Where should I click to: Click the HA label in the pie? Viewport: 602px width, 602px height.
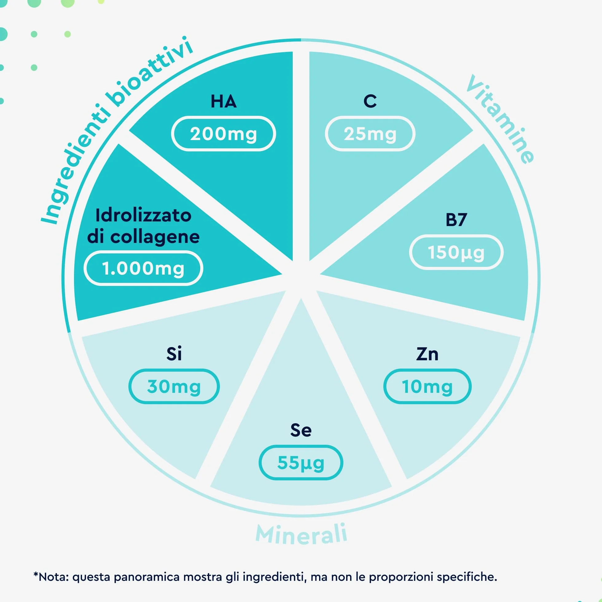tap(223, 101)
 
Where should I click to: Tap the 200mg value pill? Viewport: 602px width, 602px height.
tap(223, 134)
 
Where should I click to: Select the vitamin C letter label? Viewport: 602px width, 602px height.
tap(370, 101)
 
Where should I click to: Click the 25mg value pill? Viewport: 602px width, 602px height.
tap(370, 134)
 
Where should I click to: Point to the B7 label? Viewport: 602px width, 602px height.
tap(456, 220)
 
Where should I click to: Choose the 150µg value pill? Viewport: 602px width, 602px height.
tap(456, 252)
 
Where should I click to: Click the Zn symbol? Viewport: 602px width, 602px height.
tap(427, 354)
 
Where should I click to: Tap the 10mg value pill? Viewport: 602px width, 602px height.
tap(427, 386)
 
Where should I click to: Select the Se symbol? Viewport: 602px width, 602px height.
tap(301, 430)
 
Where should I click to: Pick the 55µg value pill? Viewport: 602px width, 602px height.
tap(301, 463)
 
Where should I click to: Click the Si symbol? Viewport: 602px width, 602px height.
tap(174, 354)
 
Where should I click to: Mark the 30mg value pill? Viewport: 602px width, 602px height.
tap(174, 386)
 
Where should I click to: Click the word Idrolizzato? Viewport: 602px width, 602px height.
tap(143, 215)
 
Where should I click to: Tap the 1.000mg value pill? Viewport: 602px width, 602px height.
tap(143, 268)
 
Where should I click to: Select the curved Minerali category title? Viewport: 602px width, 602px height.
tap(301, 535)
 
